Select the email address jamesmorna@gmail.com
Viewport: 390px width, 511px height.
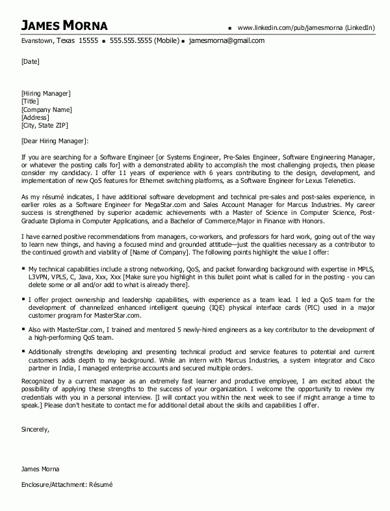[227, 40]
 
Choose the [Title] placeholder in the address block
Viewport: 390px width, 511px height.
[30, 102]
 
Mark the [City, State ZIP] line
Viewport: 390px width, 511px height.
[44, 125]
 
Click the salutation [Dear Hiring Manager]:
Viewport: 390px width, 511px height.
[55, 141]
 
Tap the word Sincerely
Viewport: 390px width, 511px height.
[36, 430]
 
